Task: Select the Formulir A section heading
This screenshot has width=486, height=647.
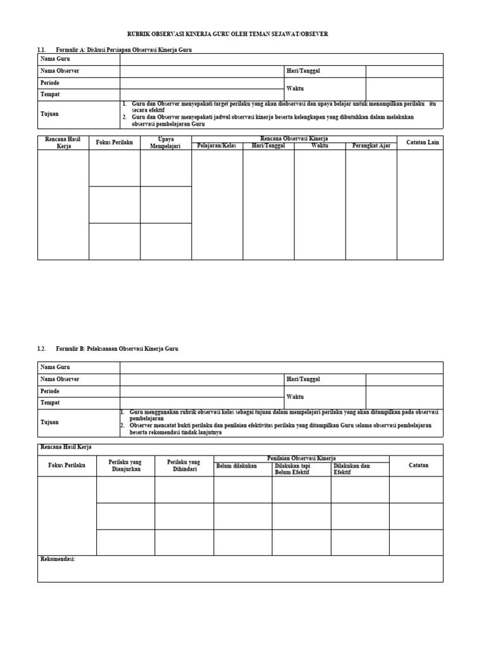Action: coord(123,49)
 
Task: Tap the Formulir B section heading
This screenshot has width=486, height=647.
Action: coord(117,349)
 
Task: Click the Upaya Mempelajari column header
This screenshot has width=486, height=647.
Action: coord(166,143)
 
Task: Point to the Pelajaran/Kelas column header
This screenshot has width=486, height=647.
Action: coord(216,146)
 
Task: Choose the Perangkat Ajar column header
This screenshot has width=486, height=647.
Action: coord(371,146)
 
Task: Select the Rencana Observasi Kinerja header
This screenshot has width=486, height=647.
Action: coord(294,138)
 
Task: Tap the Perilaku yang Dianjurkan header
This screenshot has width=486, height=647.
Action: coord(125,466)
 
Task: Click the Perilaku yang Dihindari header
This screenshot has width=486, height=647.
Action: coord(184,466)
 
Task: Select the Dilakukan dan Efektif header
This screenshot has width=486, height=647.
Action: coord(352,469)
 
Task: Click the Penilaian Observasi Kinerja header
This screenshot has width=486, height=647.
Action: coord(301,458)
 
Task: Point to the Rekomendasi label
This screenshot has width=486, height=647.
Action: coord(58,559)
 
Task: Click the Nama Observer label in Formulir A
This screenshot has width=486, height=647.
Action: coord(60,71)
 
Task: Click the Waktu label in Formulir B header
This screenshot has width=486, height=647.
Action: coord(295,397)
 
